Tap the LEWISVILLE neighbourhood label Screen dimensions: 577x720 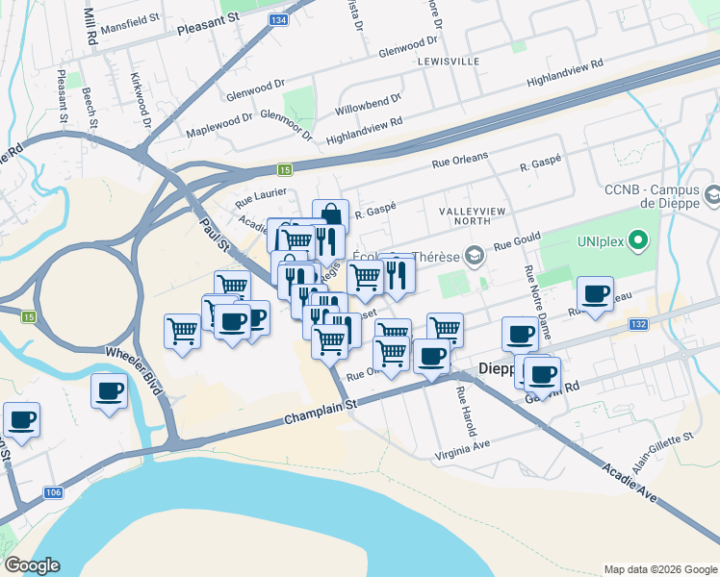(x=449, y=61)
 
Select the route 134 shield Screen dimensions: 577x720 (x=278, y=19)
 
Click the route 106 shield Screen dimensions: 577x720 (x=54, y=492)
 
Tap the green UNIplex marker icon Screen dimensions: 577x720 (x=638, y=239)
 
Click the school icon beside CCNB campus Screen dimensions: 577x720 (x=712, y=196)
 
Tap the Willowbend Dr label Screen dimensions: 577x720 (x=368, y=107)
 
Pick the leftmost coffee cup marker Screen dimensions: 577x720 (x=21, y=419)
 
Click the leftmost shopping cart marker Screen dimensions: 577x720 (x=182, y=331)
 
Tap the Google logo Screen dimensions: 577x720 (x=32, y=565)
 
